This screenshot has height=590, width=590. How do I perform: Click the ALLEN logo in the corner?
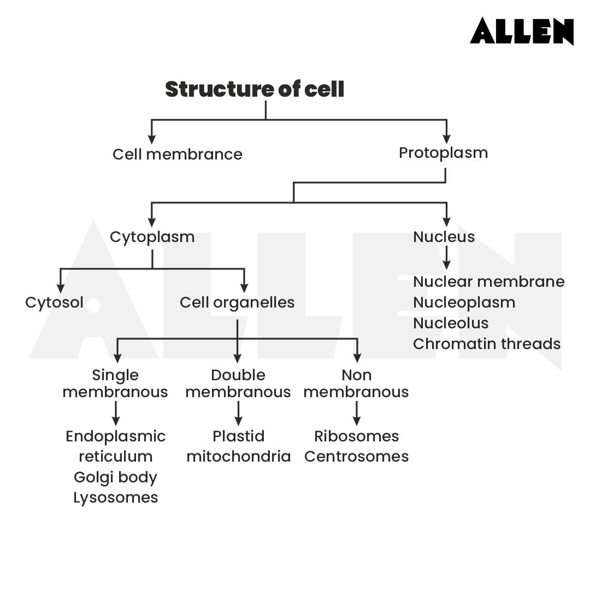522,31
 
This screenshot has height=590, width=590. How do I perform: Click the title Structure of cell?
255,89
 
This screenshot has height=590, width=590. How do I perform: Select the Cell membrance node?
177,154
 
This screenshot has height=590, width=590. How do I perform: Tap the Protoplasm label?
443,152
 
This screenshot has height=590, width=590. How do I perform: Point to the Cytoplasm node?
152,237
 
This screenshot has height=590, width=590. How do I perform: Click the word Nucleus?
444,237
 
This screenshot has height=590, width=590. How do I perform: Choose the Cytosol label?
54,302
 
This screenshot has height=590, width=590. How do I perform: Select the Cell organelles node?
237,302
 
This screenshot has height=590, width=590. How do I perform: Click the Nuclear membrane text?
488,281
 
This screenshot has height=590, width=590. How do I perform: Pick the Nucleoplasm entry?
464,302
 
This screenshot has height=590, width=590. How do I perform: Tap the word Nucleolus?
450,323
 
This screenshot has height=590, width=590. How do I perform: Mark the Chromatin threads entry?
486,344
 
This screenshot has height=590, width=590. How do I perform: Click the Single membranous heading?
115,383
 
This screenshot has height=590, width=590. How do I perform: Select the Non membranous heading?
356,383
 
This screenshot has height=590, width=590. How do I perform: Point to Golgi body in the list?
115,477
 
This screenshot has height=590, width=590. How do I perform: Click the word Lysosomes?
115,498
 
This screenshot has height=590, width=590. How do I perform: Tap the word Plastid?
238,436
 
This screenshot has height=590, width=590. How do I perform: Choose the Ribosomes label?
356,436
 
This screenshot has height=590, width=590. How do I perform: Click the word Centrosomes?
356,456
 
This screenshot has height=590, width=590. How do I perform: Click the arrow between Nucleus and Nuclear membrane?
446,258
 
